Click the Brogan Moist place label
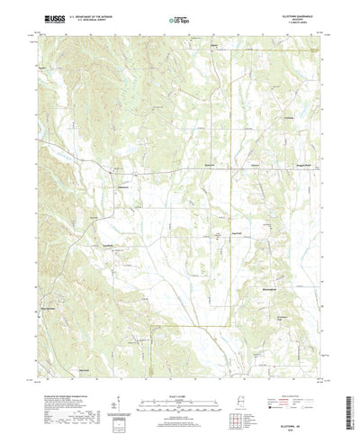(x=290, y=167)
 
